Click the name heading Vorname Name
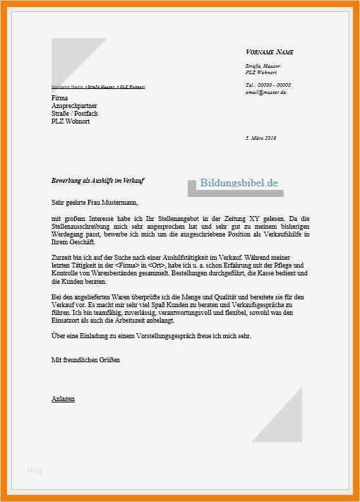270,52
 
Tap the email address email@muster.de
266,92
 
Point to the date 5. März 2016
260,138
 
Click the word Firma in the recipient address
61,97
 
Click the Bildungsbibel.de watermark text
239,183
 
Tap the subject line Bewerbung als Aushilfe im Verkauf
97,181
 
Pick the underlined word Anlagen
63,399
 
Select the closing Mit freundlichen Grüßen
85,360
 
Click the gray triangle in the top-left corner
71,60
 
